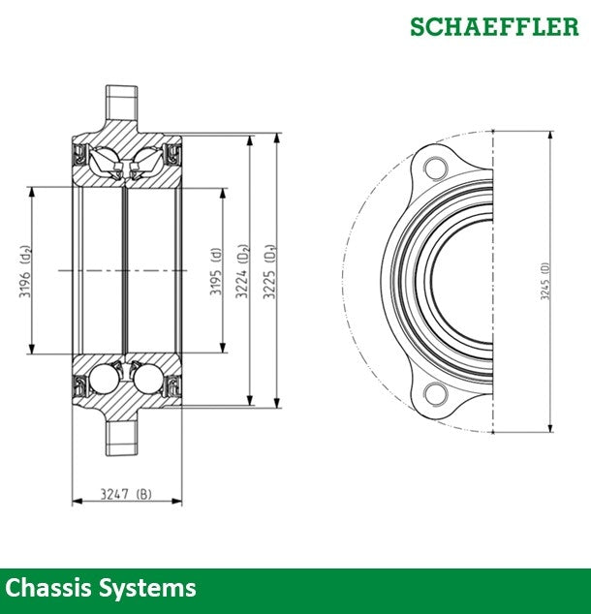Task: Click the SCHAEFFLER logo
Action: click(493, 26)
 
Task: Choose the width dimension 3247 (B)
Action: click(127, 494)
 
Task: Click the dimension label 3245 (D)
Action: click(544, 281)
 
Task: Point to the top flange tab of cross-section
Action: click(121, 101)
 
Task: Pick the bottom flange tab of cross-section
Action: click(121, 436)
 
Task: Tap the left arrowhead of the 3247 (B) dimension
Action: click(76, 502)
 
